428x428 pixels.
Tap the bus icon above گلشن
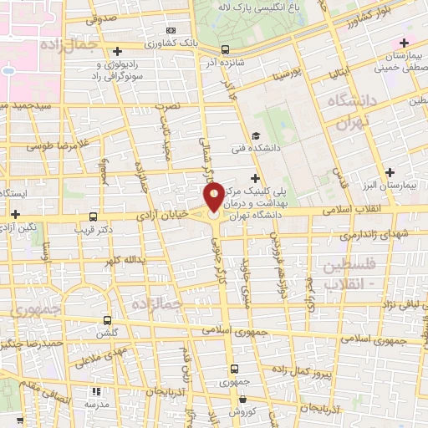pos(107,319)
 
